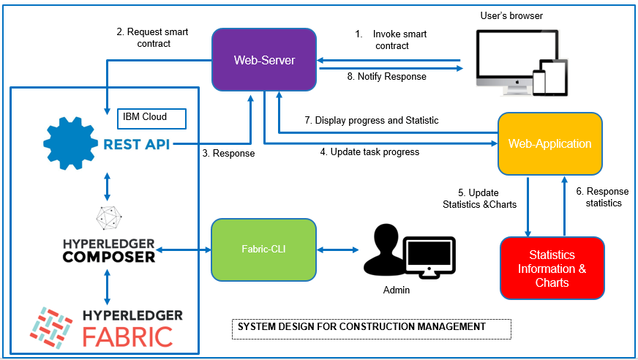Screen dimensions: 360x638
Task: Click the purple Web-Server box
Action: point(264,60)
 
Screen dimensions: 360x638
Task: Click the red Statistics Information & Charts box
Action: point(552,269)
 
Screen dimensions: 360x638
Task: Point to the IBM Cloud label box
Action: point(151,118)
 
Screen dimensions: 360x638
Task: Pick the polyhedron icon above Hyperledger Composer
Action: point(108,218)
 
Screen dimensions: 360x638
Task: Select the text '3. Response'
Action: point(228,154)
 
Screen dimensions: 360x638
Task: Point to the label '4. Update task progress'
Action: point(369,152)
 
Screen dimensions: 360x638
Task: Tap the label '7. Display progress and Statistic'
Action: point(371,120)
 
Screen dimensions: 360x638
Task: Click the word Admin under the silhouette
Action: point(397,290)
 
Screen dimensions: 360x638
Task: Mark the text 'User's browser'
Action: point(511,15)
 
